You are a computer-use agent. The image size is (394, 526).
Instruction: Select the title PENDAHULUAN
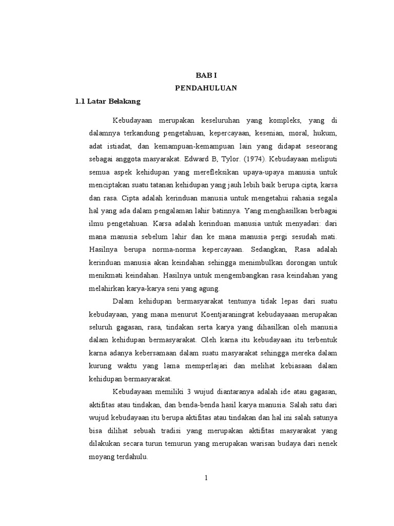[206, 88]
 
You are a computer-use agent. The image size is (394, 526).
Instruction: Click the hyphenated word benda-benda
[171, 404]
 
